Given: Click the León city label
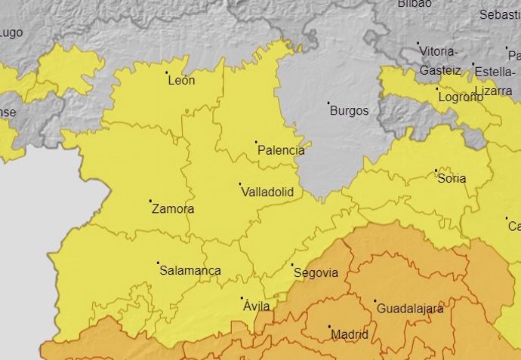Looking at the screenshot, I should click(x=181, y=80).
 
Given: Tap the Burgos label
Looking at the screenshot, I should click(x=349, y=111).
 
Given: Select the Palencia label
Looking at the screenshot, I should click(x=281, y=150).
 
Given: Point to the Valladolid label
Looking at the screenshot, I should click(x=267, y=192).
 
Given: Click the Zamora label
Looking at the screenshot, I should click(x=173, y=209).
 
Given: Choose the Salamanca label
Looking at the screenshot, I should click(x=190, y=270).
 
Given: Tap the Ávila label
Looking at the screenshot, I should click(x=256, y=307).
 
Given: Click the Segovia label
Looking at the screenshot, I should click(x=316, y=273).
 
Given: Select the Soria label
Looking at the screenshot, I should click(x=452, y=179).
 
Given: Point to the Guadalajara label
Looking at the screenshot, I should click(x=409, y=309).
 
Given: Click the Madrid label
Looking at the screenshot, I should click(x=350, y=334).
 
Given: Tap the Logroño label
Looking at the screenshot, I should click(x=459, y=97).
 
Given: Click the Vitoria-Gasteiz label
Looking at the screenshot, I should click(x=439, y=61).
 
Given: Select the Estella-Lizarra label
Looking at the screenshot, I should click(x=494, y=82).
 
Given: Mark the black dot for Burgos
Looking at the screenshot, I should click(x=328, y=103).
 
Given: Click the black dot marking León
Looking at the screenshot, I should click(x=167, y=72).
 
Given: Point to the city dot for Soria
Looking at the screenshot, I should click(x=436, y=171).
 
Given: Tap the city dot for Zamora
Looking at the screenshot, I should click(x=150, y=201).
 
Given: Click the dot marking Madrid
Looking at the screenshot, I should click(x=329, y=326).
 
